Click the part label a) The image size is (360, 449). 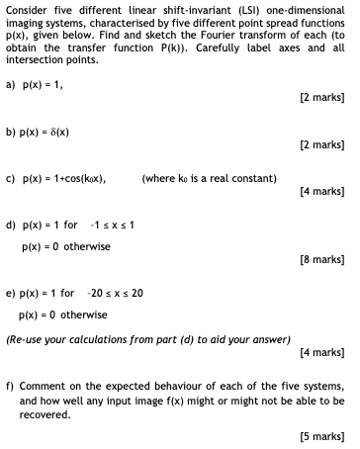click(11, 84)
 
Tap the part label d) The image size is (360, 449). click(11, 224)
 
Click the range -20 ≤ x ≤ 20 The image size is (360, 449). click(117, 294)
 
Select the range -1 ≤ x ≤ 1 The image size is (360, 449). click(114, 224)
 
